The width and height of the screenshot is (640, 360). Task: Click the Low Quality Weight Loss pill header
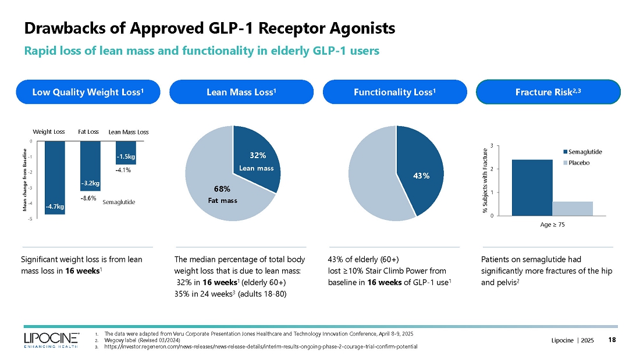[88, 92]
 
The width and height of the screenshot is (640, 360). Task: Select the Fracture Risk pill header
[548, 92]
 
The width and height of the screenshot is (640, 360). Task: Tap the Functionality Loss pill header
[394, 92]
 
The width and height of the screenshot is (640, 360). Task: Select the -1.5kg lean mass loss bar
[125, 152]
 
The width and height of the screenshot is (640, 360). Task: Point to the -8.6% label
[88, 198]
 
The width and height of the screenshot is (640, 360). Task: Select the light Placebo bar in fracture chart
[573, 208]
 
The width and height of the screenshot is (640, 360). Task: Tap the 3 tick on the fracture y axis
[492, 145]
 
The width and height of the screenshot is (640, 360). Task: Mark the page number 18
[612, 340]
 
